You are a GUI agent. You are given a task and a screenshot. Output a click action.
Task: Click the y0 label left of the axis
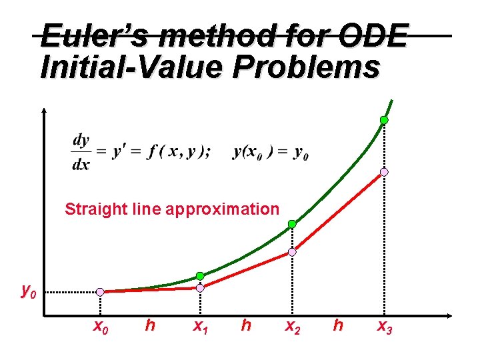point(28,291)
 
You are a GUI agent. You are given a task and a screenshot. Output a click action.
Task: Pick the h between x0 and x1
point(150,325)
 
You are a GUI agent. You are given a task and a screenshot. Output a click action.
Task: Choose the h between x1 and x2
point(246,325)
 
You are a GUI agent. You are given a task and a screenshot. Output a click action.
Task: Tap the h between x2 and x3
point(338,325)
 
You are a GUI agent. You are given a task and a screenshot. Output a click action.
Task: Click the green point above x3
point(384,120)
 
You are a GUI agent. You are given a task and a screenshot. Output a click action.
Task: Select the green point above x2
point(292,224)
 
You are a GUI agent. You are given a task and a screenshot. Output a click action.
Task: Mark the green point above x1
point(200,276)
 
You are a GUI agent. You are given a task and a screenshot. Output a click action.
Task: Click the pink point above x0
point(100,292)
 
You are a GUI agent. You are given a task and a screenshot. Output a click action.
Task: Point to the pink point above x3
point(384,172)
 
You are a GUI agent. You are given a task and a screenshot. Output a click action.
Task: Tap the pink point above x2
point(292,253)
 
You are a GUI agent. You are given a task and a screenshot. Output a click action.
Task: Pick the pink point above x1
point(200,287)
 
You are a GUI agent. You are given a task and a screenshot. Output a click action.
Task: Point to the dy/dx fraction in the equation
point(81,152)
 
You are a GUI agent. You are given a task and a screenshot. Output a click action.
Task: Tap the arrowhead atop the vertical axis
point(43,111)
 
